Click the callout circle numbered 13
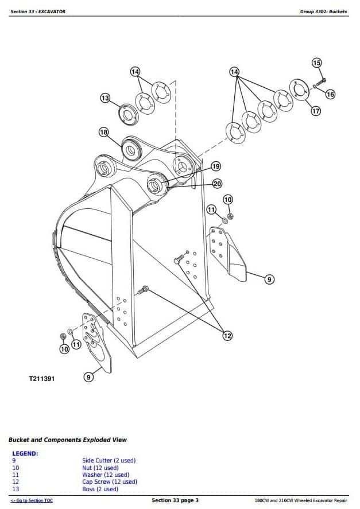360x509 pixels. click(x=105, y=98)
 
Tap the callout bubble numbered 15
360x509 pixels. click(x=317, y=63)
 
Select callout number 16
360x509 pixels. click(x=330, y=94)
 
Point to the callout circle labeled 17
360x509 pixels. click(x=315, y=111)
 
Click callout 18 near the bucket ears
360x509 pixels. click(x=103, y=133)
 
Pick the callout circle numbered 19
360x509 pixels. click(x=215, y=166)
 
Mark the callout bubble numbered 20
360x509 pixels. click(x=217, y=184)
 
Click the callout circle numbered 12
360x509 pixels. click(x=227, y=336)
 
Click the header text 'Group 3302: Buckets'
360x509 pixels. click(x=323, y=11)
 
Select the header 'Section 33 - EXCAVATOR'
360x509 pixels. click(x=38, y=11)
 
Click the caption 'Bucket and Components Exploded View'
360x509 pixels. click(x=68, y=440)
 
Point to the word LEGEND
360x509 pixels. click(x=25, y=453)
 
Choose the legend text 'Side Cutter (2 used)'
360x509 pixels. click(x=109, y=460)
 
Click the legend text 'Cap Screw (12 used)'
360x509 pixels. click(x=109, y=482)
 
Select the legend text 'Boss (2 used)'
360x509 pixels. click(x=100, y=489)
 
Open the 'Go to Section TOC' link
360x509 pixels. click(x=32, y=501)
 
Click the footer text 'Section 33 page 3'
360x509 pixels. click(x=175, y=500)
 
